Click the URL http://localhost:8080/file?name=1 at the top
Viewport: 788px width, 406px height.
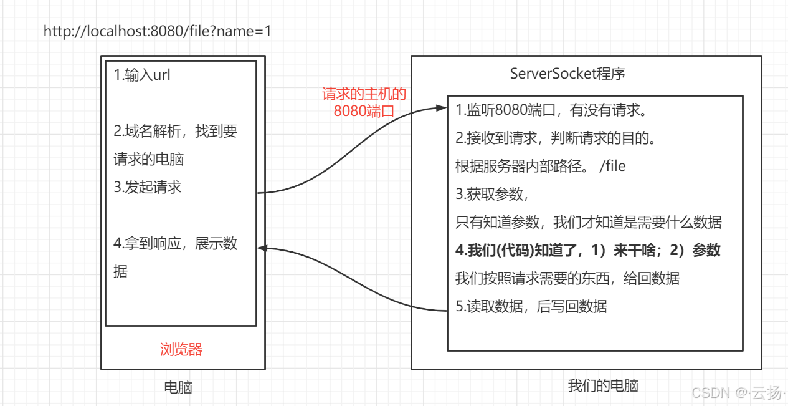coord(157,31)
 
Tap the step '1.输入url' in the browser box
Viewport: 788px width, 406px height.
coord(142,75)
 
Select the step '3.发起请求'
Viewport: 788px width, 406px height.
coord(148,187)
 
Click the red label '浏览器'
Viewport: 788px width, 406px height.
coord(181,349)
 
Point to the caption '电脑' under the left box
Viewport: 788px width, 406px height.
coord(178,387)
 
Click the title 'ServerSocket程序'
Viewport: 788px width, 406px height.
coord(567,74)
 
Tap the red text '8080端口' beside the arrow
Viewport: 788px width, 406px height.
coord(364,111)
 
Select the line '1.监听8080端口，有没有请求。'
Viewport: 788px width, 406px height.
coord(550,110)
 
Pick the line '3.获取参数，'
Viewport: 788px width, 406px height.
coord(492,194)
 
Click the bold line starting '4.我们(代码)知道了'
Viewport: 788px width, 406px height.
coord(587,250)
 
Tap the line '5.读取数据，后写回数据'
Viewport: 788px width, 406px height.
coord(531,306)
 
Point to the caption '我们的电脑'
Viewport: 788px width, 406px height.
coord(603,385)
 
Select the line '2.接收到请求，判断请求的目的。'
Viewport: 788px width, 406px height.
coord(556,138)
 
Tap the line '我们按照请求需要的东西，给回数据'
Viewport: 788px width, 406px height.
coord(567,278)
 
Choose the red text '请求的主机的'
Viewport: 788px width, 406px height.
coord(364,95)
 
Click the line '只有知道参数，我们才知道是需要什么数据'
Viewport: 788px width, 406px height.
coord(588,222)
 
